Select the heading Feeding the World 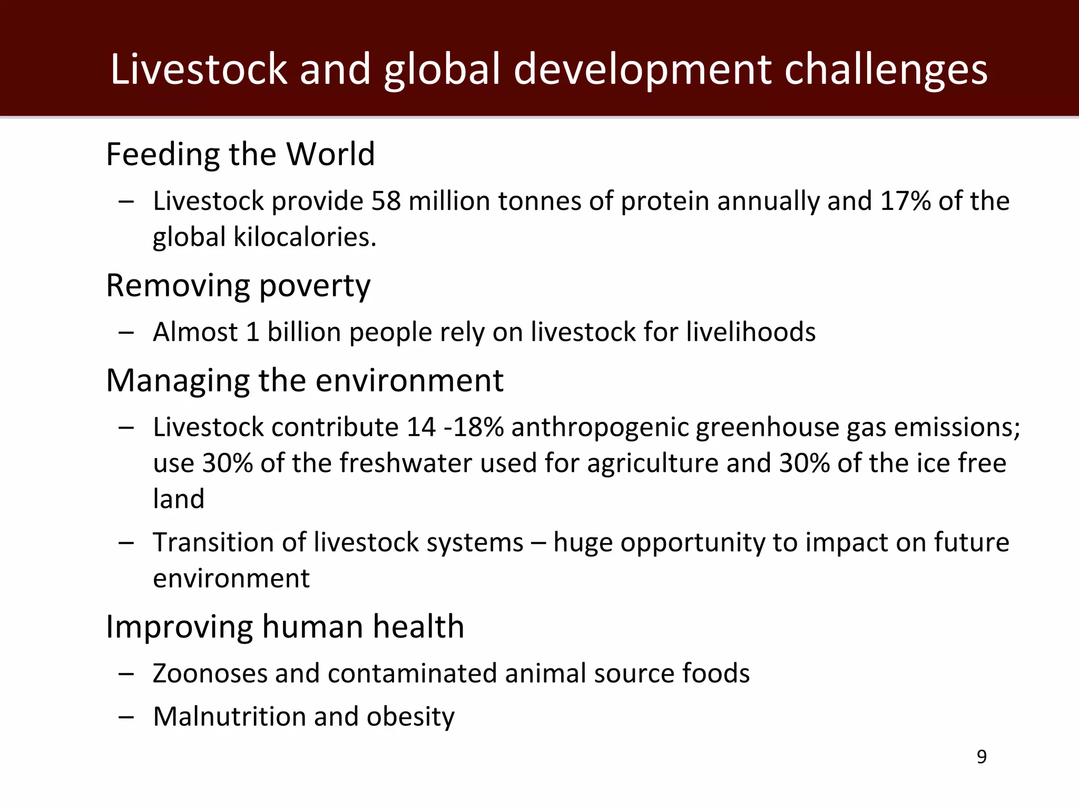click(240, 155)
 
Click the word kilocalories click(305, 237)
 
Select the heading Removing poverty click(238, 286)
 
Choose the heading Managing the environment click(305, 381)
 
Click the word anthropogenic click(600, 428)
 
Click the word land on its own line click(179, 499)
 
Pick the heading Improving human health click(285, 627)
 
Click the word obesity click(410, 717)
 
